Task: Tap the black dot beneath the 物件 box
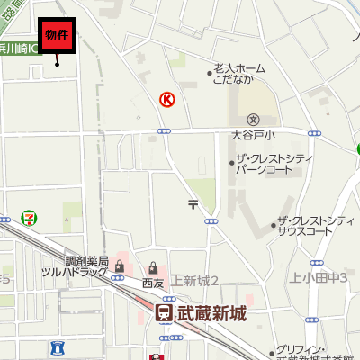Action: [x=58, y=63]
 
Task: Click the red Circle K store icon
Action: [x=166, y=100]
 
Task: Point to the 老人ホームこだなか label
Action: [x=238, y=73]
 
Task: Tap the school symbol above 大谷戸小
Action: [x=253, y=120]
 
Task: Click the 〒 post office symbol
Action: [x=193, y=204]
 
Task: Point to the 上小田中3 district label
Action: [x=319, y=276]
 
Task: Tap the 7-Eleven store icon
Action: [x=30, y=219]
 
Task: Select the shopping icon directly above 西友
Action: [x=154, y=267]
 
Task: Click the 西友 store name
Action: [x=153, y=283]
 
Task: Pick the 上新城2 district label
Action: [x=195, y=280]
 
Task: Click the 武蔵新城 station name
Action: [x=211, y=314]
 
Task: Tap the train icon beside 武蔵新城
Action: [x=164, y=314]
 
